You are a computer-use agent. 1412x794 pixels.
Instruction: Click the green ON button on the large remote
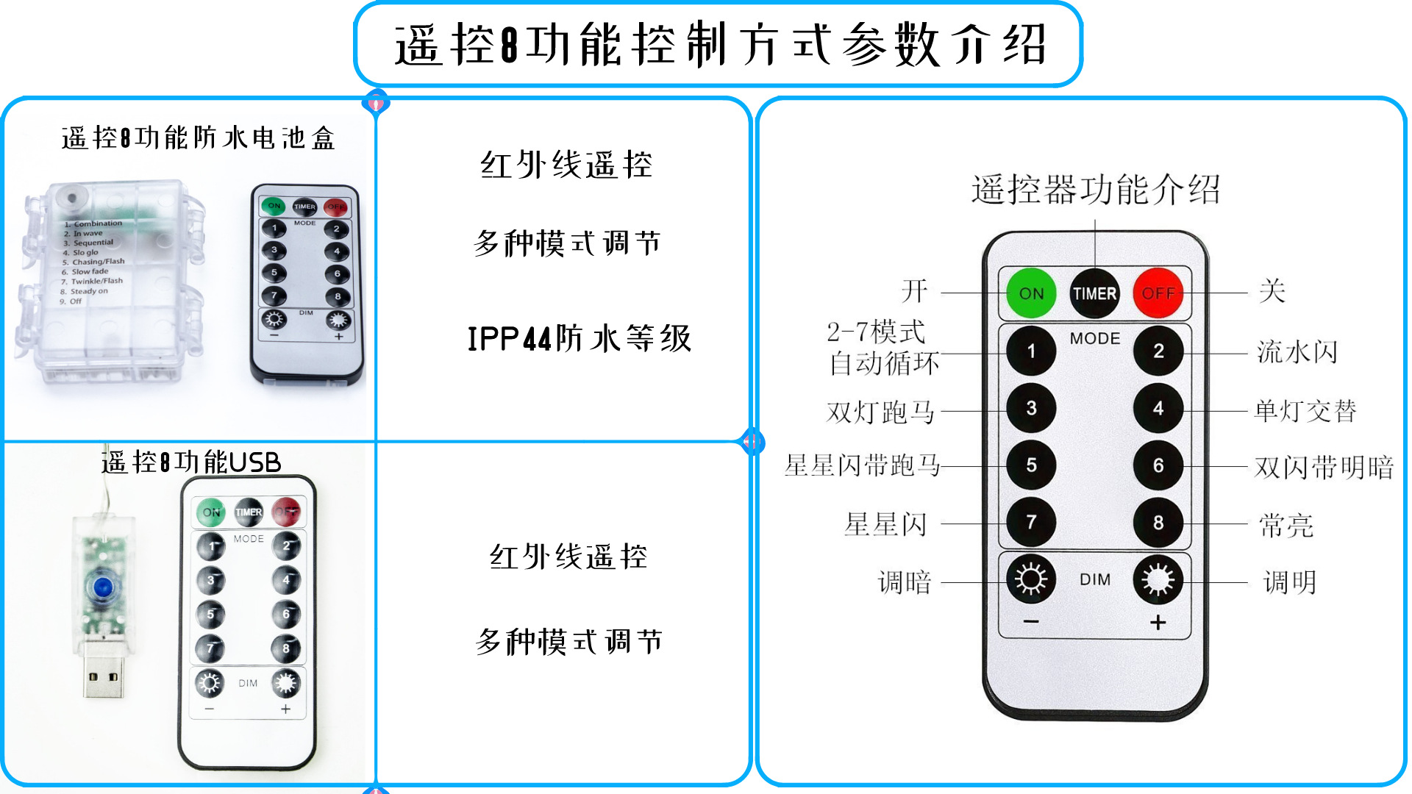1030,293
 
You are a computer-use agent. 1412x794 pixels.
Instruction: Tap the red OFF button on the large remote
1158,293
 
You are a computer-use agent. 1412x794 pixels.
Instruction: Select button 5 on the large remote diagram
1031,465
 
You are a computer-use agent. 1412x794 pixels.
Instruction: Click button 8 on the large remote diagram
1158,522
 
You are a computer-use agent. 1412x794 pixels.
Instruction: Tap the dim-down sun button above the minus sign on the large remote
1031,579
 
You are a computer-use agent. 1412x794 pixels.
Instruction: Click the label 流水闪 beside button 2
1297,352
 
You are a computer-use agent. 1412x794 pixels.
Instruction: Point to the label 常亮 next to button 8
1286,526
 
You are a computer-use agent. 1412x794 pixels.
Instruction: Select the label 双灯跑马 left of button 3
880,412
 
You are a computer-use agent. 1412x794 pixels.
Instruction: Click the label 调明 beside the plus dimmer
1289,582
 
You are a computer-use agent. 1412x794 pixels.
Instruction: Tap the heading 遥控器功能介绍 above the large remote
1095,190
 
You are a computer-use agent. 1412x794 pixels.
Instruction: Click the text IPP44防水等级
580,339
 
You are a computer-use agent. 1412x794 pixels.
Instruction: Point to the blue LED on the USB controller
102,587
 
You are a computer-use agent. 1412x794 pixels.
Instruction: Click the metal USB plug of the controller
103,670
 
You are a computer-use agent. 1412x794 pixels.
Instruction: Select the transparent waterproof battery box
110,283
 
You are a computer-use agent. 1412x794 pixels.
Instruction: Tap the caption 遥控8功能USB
191,462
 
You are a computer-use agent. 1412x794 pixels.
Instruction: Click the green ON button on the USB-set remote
211,512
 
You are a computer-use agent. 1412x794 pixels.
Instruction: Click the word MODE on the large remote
1094,338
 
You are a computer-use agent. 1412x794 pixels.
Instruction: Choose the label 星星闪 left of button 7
885,524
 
